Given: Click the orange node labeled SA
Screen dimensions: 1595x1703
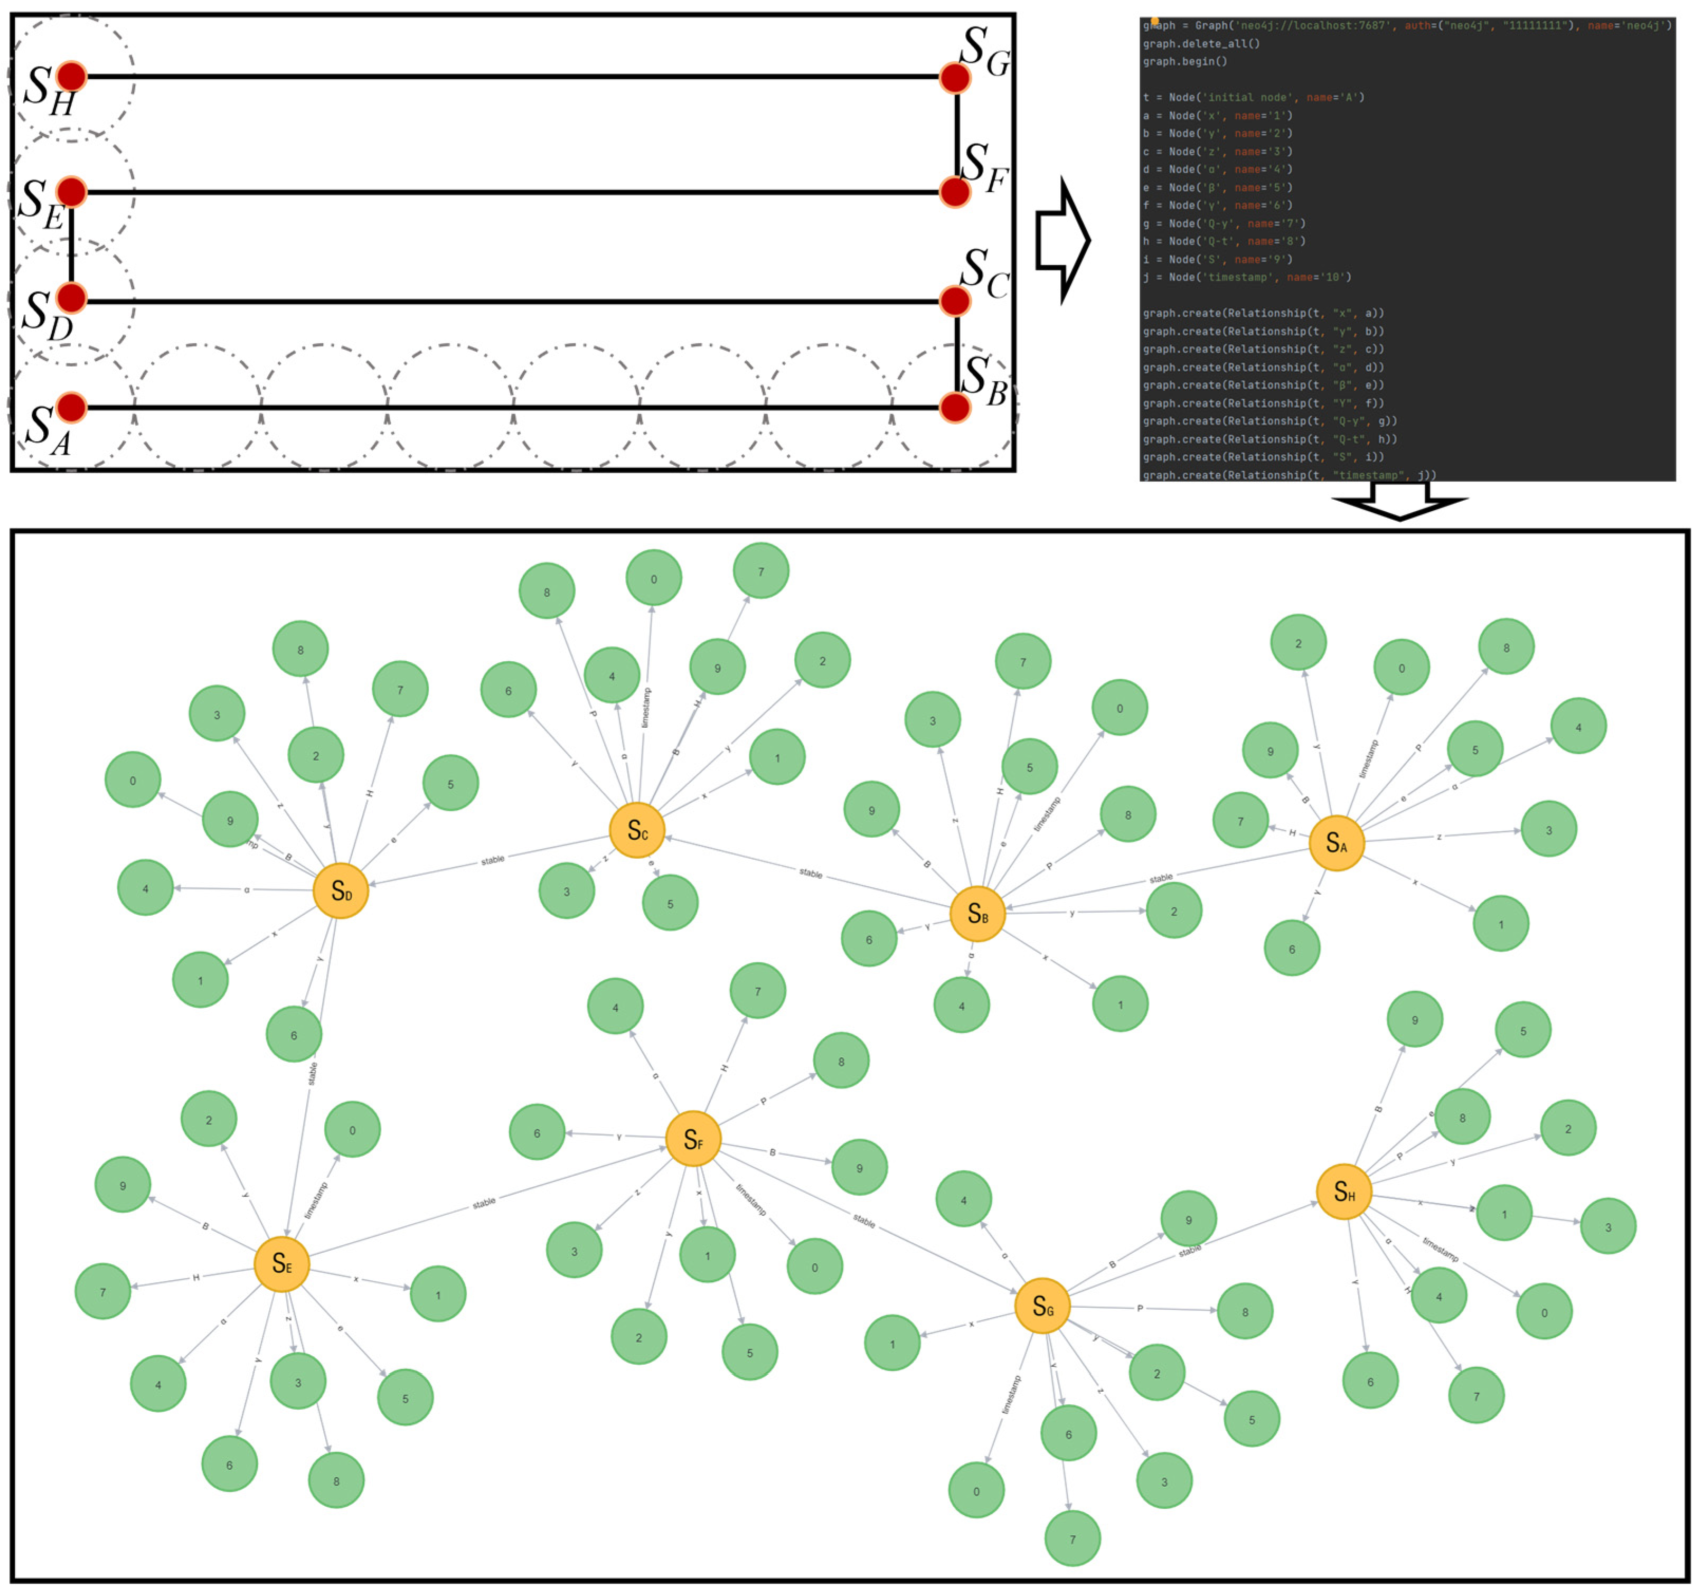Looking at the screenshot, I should (x=1337, y=843).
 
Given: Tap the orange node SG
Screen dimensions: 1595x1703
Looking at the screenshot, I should (x=1042, y=1306).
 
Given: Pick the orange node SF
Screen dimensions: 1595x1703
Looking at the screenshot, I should (x=693, y=1139).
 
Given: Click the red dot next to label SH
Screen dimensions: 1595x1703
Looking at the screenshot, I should (x=72, y=76).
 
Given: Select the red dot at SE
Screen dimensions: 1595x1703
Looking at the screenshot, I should (x=72, y=192).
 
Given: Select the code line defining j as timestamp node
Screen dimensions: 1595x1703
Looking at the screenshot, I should (x=1246, y=277).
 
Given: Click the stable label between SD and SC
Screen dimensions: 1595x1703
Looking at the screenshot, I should (x=493, y=860).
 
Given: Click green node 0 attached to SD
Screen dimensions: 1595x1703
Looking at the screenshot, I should (x=133, y=780).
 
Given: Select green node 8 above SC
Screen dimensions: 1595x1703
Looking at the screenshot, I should (x=547, y=591).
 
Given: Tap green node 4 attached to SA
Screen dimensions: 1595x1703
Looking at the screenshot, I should (x=1578, y=726).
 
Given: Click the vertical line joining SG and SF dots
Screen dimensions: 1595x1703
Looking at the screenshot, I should (x=957, y=135).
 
